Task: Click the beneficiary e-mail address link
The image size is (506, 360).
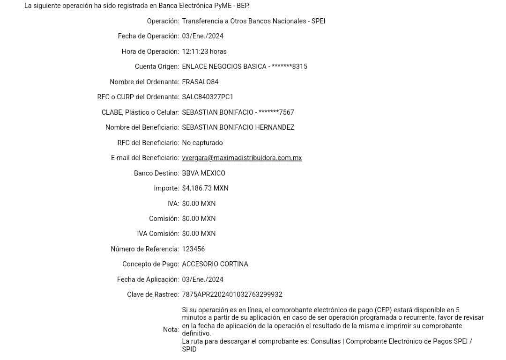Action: [x=242, y=158]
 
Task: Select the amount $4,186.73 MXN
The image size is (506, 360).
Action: [x=205, y=188]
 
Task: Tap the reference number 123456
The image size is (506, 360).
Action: [x=193, y=249]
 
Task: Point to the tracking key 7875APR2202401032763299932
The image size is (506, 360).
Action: [x=232, y=294]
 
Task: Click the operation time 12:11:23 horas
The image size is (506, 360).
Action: [x=204, y=51]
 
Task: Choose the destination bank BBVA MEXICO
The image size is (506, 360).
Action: [x=204, y=173]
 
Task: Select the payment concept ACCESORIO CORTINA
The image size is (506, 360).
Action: [x=215, y=264]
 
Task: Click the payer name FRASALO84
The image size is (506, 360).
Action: [x=201, y=82]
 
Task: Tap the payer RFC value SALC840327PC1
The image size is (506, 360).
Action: [x=207, y=97]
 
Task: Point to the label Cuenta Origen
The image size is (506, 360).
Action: [x=156, y=66]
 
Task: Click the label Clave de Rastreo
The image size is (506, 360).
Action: [x=153, y=294]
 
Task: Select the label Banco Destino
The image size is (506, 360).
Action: [x=156, y=173]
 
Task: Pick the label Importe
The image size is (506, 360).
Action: [x=166, y=188]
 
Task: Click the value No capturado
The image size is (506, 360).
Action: [x=202, y=143]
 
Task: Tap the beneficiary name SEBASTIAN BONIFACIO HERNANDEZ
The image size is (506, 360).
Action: [x=238, y=127]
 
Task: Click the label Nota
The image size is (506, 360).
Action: [x=171, y=330]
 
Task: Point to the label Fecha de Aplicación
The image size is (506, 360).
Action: [x=148, y=279]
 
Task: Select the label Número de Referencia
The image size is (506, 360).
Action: [x=144, y=249]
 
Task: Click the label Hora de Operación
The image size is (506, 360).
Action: [x=150, y=51]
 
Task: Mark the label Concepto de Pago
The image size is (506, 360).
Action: [x=150, y=264]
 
